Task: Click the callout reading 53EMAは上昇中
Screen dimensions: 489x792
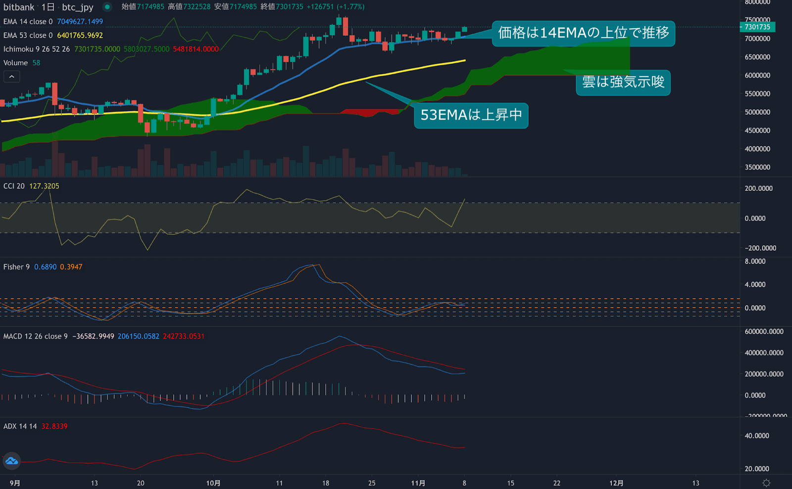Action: coord(471,115)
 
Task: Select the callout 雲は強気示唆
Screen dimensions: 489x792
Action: coord(623,82)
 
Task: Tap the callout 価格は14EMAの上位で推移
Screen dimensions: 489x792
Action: coord(583,33)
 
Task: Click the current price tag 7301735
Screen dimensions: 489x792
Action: coord(757,27)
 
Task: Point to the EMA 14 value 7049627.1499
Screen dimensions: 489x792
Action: coord(80,22)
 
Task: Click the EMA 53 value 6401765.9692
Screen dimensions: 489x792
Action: coord(80,36)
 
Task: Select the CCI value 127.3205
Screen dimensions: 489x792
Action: coord(44,186)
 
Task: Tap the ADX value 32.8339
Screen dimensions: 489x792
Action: coord(54,426)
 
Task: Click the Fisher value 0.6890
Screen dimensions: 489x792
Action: coord(45,267)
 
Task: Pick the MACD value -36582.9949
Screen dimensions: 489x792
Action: coord(93,336)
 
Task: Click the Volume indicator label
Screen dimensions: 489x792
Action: coord(15,63)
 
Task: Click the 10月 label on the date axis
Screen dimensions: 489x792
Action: coord(213,483)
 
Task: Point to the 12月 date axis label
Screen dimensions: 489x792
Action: coord(616,483)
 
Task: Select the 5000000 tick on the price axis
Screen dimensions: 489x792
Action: coord(757,112)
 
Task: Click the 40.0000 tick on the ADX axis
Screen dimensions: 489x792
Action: coord(757,436)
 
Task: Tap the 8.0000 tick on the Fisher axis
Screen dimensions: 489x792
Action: coord(755,262)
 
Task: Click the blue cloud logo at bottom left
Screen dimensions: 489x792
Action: coord(11,461)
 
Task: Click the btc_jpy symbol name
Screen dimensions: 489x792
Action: coord(78,7)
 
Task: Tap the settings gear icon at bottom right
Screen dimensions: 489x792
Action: coord(766,483)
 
